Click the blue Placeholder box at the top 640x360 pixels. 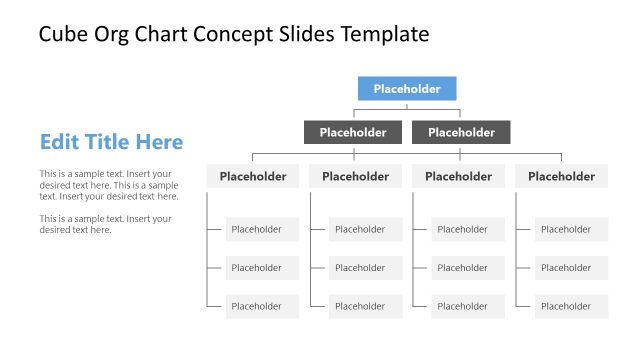pyautogui.click(x=407, y=89)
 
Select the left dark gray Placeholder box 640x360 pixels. pyautogui.click(x=353, y=132)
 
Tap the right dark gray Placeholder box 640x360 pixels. pyautogui.click(x=461, y=132)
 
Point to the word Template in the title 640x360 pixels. pyautogui.click(x=384, y=35)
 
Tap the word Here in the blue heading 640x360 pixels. pyautogui.click(x=157, y=142)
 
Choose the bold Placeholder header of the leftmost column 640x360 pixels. pyautogui.click(x=253, y=177)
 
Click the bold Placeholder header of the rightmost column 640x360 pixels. pyautogui.click(x=561, y=177)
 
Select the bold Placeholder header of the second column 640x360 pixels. pyautogui.click(x=356, y=177)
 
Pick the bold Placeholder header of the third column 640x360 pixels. pyautogui.click(x=458, y=177)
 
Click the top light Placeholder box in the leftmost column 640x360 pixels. pyautogui.click(x=262, y=229)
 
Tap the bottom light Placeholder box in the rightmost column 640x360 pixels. pyautogui.click(x=571, y=306)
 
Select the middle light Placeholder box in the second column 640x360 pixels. pyautogui.click(x=365, y=268)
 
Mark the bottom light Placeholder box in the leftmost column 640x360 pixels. pyautogui.click(x=262, y=306)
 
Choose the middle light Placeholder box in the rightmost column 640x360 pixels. pyautogui.click(x=571, y=268)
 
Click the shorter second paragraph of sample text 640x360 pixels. pyautogui.click(x=105, y=224)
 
